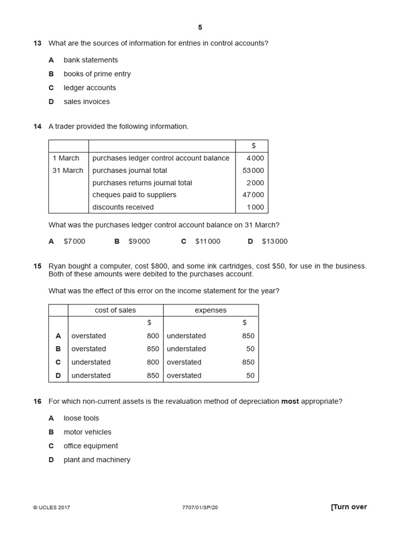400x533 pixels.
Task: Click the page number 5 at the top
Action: (200, 28)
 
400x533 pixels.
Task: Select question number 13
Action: (37, 43)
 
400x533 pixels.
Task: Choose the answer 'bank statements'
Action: (91, 60)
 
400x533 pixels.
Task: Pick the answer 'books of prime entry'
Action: (97, 74)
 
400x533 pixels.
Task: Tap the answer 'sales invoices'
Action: (86, 101)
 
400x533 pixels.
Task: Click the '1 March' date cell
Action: (66, 158)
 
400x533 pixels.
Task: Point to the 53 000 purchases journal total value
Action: (253, 170)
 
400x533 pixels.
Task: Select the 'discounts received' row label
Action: (123, 207)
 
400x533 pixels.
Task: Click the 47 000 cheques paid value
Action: (253, 195)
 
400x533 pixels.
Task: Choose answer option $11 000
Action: (207, 242)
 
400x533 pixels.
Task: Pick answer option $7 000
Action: (74, 242)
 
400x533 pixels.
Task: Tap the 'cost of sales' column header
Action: (115, 310)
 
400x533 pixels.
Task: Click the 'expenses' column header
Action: (210, 310)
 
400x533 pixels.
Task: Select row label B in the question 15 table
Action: (58, 349)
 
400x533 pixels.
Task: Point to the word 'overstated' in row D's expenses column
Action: (184, 375)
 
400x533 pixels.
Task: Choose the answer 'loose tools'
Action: (81, 418)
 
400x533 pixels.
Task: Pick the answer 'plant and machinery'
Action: (97, 460)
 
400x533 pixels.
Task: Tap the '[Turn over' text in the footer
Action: (348, 507)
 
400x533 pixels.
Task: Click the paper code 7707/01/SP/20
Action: (200, 507)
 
